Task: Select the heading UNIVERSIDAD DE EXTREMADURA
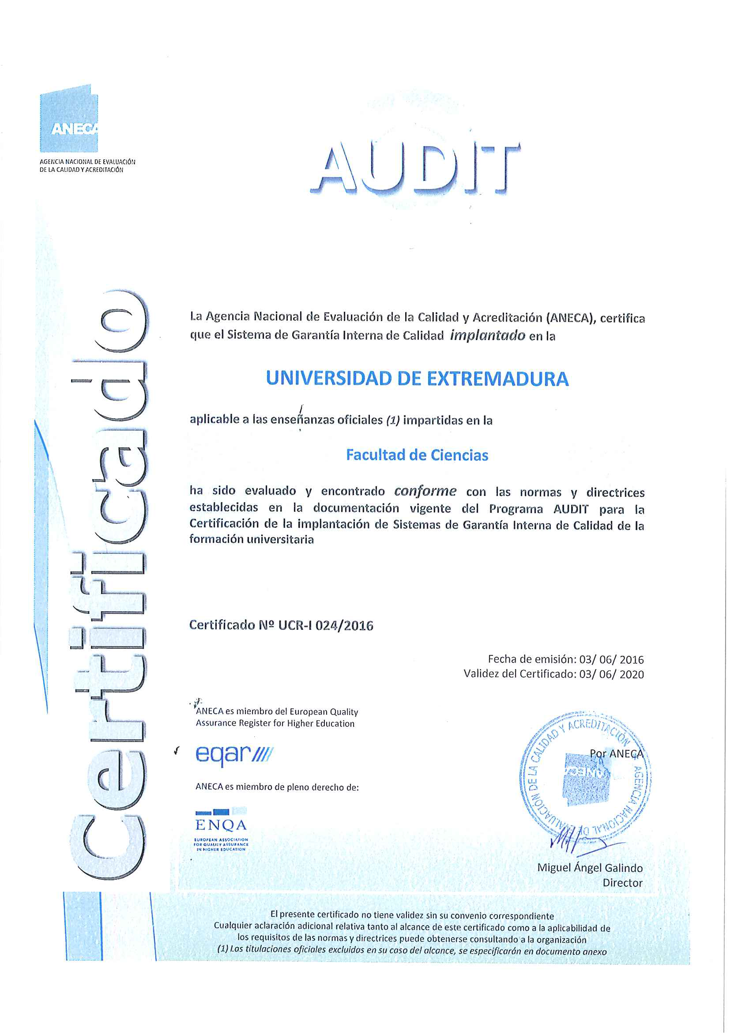(x=417, y=378)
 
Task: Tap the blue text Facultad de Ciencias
(x=417, y=455)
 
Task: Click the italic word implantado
(x=487, y=335)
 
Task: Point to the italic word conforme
(x=425, y=491)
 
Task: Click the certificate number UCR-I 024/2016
(x=325, y=625)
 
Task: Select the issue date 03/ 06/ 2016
(x=611, y=659)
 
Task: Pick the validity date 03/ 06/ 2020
(x=611, y=674)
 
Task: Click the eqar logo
(x=234, y=753)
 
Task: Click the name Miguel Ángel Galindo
(x=590, y=868)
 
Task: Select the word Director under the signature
(x=622, y=883)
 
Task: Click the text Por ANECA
(x=616, y=753)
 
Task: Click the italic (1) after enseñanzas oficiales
(x=393, y=420)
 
